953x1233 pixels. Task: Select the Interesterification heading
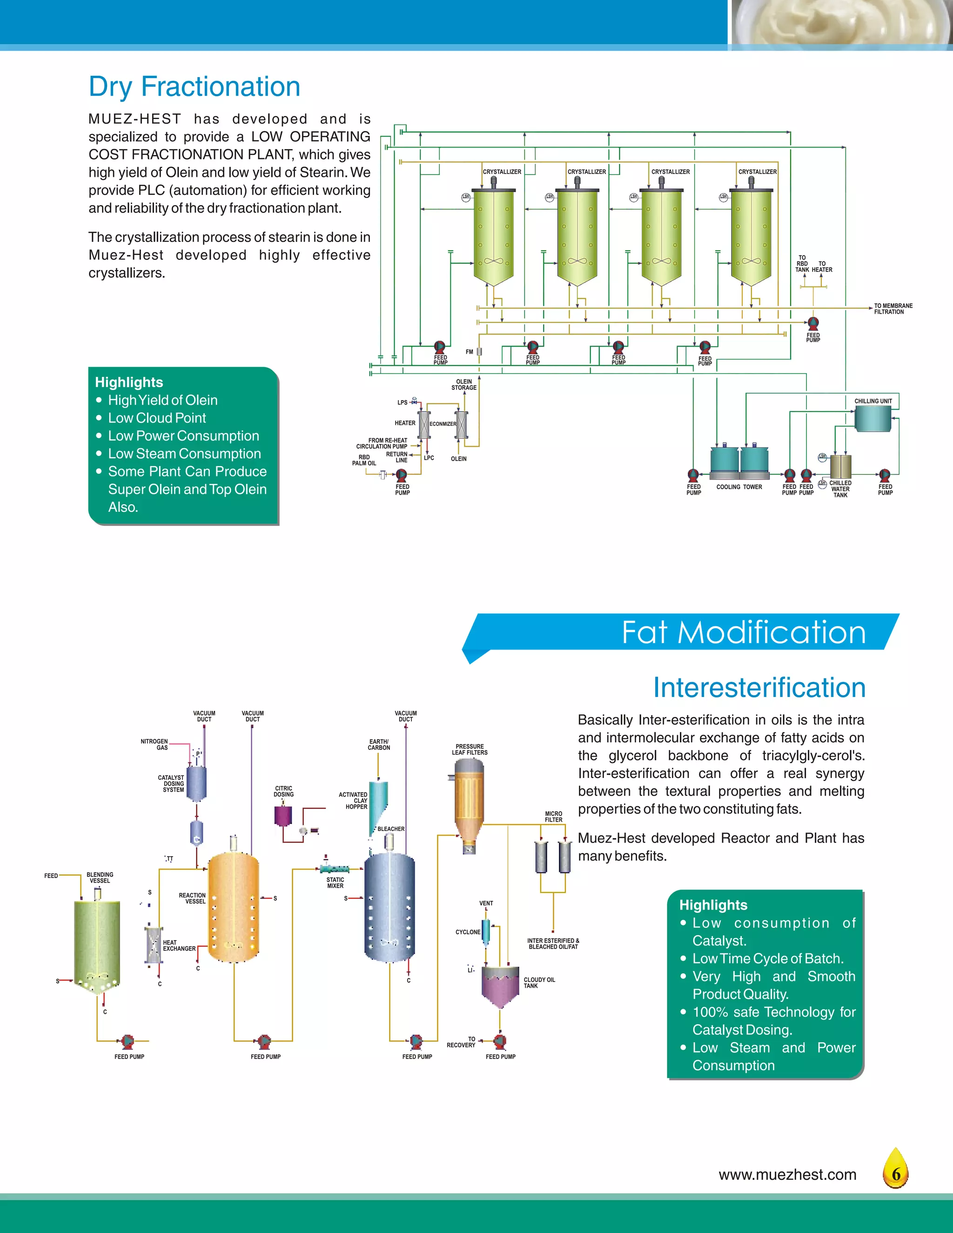[x=759, y=688]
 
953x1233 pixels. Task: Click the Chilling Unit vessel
[x=872, y=419]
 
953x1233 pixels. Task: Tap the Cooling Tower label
[x=739, y=487]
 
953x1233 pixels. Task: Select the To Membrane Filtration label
[x=893, y=309]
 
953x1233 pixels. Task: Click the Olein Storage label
[x=463, y=384]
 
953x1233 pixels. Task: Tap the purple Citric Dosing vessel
[x=283, y=816]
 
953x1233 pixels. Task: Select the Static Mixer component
[x=334, y=870]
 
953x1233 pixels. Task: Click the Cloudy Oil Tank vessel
[x=500, y=987]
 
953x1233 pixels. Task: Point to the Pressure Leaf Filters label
[x=469, y=749]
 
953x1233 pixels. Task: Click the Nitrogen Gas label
[x=154, y=744]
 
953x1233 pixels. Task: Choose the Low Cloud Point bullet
[x=157, y=418]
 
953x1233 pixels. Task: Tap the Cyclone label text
[x=468, y=932]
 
